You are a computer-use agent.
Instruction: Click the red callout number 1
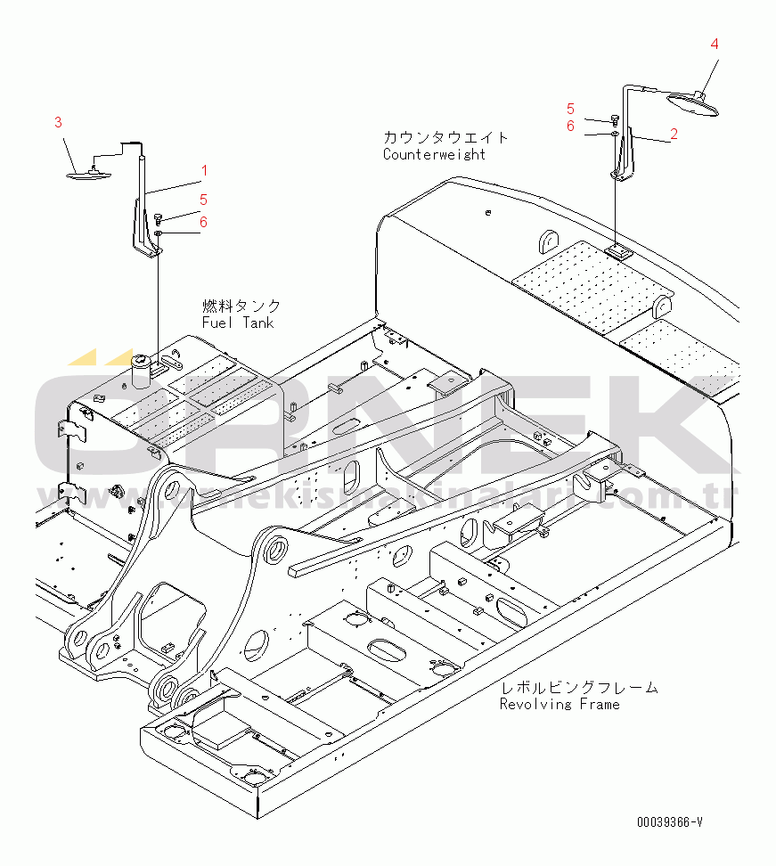pos(203,170)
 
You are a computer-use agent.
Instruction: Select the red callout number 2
pos(674,134)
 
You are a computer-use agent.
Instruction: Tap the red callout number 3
pos(58,122)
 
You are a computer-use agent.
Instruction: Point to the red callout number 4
pos(715,43)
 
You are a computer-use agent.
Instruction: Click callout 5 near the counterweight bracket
pos(570,109)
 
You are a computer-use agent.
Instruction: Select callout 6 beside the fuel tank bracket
pos(203,222)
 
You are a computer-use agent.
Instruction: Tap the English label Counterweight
pos(434,154)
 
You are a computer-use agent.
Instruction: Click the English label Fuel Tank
pos(238,323)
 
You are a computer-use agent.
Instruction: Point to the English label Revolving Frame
pos(559,704)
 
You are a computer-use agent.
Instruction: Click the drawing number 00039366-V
pos(669,822)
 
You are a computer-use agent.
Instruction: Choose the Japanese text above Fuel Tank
pos(241,306)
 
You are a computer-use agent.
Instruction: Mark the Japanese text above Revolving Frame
pos(578,687)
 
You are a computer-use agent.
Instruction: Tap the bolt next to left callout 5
pos(158,216)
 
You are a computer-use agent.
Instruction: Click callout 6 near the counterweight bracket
pos(570,126)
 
